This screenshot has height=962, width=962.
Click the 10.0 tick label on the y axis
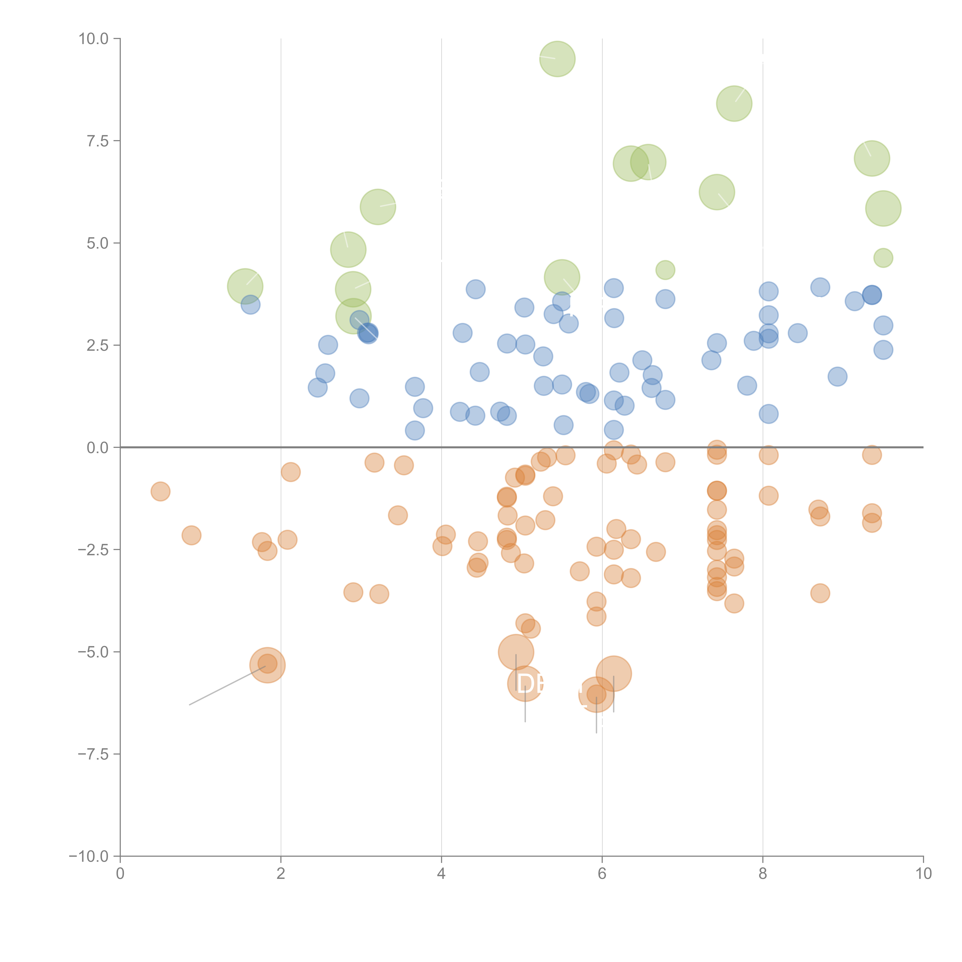[94, 39]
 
